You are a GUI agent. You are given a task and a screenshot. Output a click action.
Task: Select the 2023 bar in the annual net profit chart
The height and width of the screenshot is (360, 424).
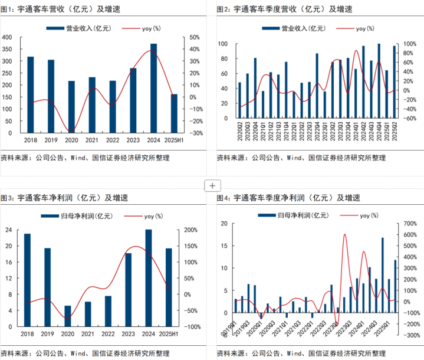[128, 289]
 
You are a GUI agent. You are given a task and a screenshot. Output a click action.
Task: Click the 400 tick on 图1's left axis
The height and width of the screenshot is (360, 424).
[7, 37]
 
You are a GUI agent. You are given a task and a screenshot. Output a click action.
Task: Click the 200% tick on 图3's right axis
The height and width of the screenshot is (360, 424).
[192, 230]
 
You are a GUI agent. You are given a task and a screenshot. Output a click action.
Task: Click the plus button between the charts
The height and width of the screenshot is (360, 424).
[212, 185]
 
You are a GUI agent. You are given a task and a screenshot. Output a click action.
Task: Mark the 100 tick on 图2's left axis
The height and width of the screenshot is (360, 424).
[223, 44]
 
